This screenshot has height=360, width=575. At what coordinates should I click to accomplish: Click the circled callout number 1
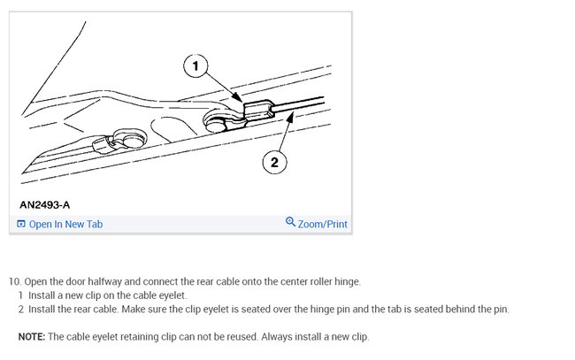pos(195,66)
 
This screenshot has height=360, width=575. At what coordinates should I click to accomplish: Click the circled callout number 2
pos(274,162)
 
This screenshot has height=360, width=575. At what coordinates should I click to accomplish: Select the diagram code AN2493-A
pos(45,204)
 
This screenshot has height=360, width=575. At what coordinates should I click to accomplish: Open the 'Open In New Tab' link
pos(65,224)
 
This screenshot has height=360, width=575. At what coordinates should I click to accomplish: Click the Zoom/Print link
pos(322,224)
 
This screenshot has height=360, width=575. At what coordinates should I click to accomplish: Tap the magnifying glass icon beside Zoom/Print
pos(290,222)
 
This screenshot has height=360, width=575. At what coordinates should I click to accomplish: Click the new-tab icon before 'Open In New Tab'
pos(21,224)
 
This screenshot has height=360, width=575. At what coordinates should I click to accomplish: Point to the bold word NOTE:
pos(32,336)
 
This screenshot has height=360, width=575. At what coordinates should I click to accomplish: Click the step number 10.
pos(15,281)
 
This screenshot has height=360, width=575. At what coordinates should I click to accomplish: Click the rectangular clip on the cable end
pos(258,109)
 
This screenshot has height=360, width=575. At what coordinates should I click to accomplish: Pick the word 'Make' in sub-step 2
pos(133,310)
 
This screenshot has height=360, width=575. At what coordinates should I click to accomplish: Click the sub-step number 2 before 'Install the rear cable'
pos(21,310)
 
